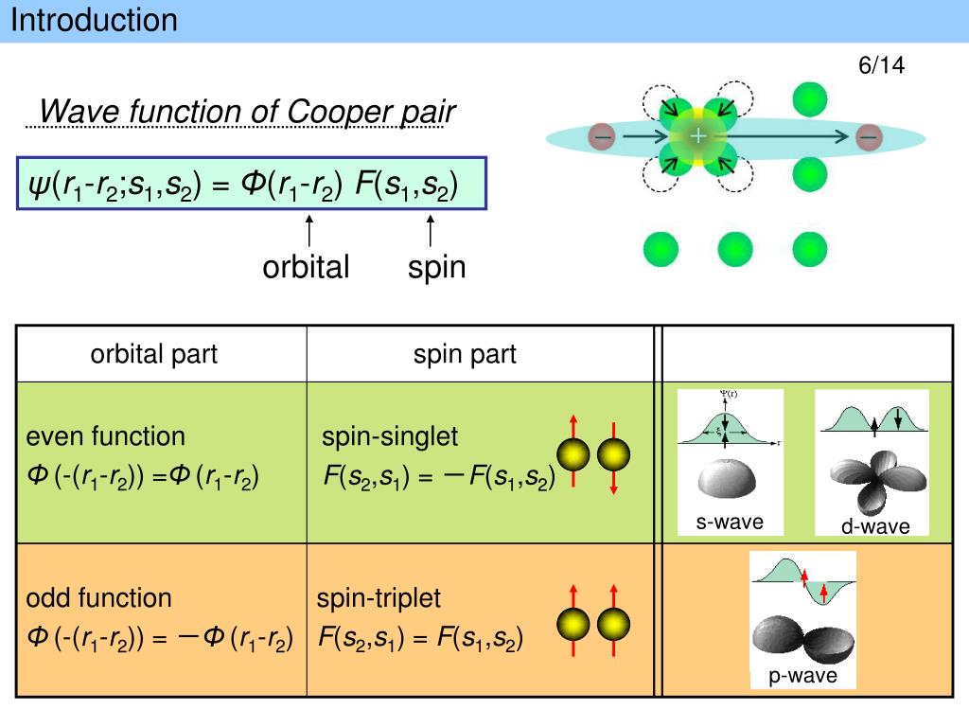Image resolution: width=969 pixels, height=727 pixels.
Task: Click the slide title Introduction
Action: [95, 20]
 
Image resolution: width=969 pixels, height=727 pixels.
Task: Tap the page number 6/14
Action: [881, 65]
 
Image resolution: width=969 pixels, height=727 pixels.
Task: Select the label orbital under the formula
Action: [306, 267]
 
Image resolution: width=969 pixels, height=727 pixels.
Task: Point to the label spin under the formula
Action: [436, 267]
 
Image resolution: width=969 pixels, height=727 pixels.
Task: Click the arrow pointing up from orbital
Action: [308, 232]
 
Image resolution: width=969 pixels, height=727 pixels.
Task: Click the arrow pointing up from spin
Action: [432, 232]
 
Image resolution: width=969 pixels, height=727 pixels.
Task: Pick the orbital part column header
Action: [154, 354]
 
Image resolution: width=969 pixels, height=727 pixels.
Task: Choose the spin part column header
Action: [465, 354]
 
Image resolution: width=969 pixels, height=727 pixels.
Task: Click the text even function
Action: [105, 436]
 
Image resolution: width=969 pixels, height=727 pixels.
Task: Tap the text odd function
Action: [98, 598]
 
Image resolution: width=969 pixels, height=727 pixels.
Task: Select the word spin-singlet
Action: [389, 436]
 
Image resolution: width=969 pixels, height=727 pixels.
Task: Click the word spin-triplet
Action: [379, 598]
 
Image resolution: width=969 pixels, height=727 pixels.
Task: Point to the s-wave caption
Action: [730, 522]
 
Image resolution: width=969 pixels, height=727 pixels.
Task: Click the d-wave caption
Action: [875, 526]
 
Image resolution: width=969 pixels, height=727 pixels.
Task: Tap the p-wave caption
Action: [802, 676]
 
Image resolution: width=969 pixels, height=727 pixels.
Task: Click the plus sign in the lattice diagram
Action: [697, 136]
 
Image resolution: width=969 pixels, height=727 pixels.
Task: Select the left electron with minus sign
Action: [601, 137]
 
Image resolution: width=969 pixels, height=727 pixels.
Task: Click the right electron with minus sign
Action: [869, 137]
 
